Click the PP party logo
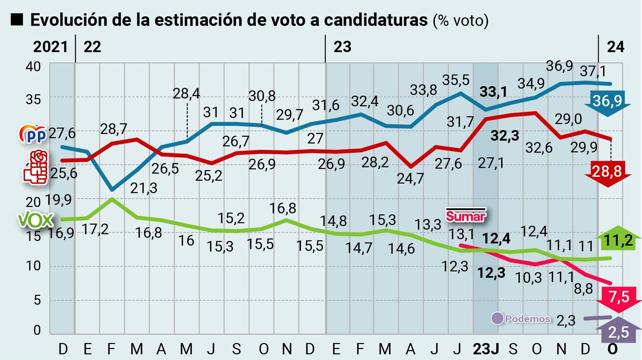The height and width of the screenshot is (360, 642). pos(33,135)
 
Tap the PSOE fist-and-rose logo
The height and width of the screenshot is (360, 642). pos(36,168)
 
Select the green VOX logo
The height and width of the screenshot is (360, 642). pos(35,220)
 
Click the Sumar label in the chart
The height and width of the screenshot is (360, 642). pos(465,216)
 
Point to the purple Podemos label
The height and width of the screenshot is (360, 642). pos(521,319)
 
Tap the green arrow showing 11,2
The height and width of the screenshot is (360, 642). pos(618,241)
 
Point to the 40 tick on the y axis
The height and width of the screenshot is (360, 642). pos(33,67)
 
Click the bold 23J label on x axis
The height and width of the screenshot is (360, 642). pos(486,349)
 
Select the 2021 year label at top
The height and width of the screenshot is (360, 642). pos(50,47)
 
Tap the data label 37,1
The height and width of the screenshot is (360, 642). pos(593,71)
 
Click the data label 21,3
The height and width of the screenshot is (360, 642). pos(144,188)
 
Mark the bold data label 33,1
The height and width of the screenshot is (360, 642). pos(493,92)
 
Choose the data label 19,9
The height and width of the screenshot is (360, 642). pos(59,199)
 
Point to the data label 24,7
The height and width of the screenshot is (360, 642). pos(410,178)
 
